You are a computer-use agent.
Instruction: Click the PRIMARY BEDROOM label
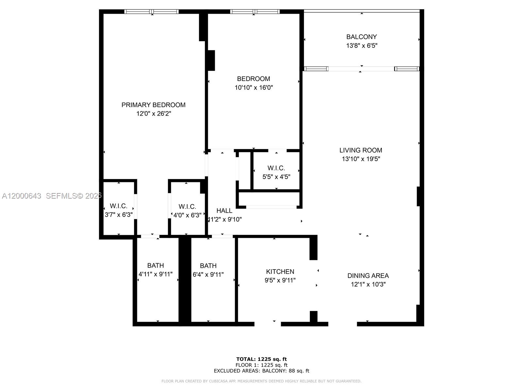pos(153,105)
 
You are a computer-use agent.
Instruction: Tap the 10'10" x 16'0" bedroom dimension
pos(254,88)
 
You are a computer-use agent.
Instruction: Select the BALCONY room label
pos(362,37)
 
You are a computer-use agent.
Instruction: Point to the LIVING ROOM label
pos(361,150)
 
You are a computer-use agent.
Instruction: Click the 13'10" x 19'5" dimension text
pos(361,159)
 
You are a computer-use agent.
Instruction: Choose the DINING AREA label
pos(368,276)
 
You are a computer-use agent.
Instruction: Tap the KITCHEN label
pos(280,271)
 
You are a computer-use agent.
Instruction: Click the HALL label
pos(224,211)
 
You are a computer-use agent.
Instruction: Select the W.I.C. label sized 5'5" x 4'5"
pos(276,168)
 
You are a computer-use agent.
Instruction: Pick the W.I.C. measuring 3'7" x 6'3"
pos(118,206)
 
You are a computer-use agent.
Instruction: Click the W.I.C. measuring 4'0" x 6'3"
pos(187,207)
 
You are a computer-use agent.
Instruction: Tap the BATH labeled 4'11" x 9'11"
pos(156,266)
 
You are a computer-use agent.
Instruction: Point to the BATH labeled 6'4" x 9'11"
pos(208,266)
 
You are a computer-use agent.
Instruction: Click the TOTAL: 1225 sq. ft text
pos(261,359)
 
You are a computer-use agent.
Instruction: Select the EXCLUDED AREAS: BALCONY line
pos(261,371)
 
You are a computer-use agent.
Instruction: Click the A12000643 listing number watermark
pos(22,196)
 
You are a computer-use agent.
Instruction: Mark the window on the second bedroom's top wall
pos(255,12)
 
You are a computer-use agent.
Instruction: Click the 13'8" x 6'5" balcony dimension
pos(362,46)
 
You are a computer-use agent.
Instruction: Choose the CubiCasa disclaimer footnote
pos(261,381)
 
